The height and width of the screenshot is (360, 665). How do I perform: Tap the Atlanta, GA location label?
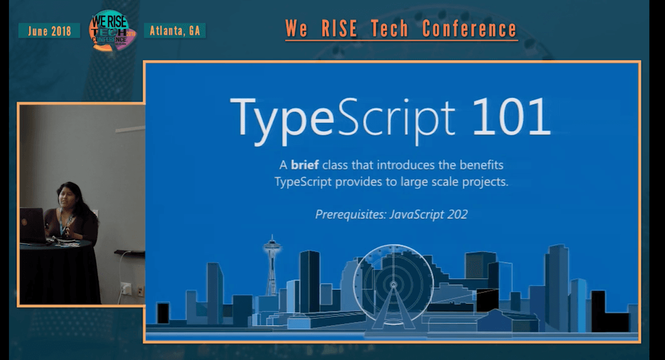[x=175, y=31]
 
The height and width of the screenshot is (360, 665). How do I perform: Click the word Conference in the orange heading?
[x=469, y=29]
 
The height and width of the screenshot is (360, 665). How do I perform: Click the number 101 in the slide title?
[x=511, y=116]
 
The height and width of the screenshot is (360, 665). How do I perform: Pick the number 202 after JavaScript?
[x=456, y=214]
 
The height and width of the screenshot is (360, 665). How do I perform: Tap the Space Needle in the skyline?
[x=272, y=266]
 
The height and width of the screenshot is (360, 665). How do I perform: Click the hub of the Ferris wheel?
[x=393, y=285]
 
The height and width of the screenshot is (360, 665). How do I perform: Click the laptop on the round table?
[x=32, y=224]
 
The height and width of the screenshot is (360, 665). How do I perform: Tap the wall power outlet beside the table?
[x=125, y=289]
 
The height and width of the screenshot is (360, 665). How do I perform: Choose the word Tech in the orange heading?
[x=397, y=29]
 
